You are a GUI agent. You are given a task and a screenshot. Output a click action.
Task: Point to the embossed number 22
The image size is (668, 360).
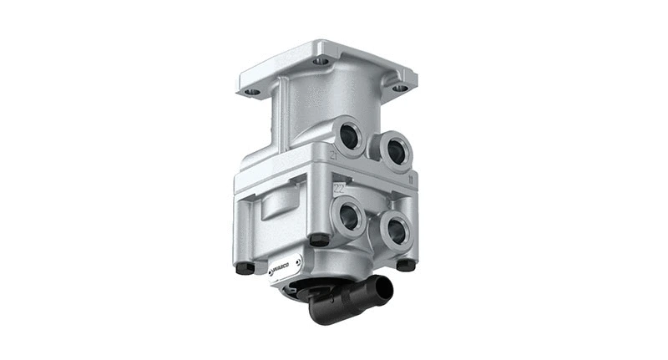pos(339,189)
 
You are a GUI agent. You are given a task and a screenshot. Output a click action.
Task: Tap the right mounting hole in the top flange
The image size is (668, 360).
pos(399,87)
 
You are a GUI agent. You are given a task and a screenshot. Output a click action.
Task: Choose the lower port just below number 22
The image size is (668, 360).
pos(349,217)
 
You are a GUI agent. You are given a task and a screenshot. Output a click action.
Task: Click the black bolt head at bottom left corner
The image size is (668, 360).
pos(244,267)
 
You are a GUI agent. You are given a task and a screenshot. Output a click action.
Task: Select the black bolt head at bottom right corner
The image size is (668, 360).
pos(406,264)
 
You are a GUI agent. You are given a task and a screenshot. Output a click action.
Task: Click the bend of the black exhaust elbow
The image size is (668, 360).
pos(321,309)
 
